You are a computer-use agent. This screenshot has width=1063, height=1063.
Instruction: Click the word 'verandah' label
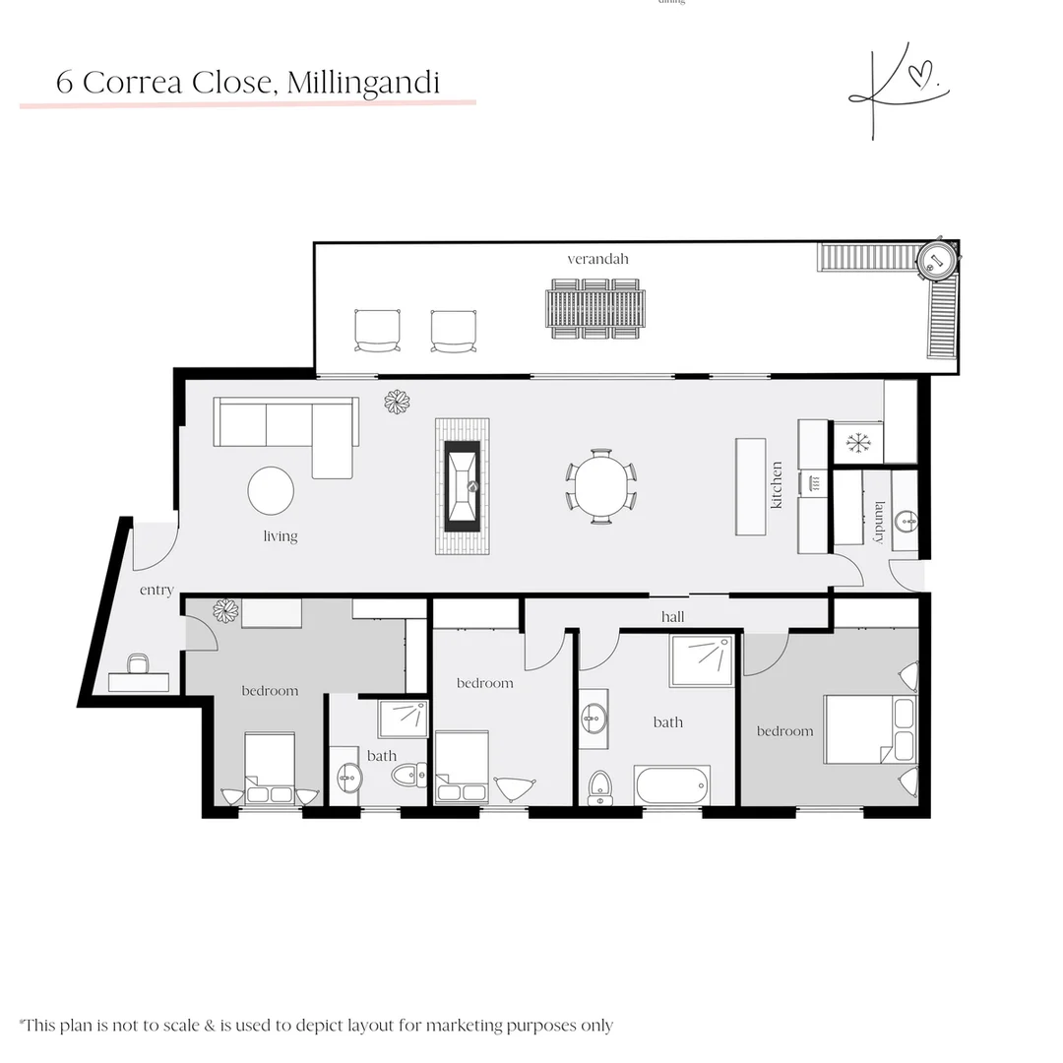pos(597,259)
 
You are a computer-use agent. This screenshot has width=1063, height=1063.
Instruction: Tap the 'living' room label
pos(281,536)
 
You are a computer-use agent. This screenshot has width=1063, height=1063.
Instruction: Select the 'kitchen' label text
pos(777,485)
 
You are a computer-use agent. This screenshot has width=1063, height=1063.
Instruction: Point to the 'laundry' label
pos(879,522)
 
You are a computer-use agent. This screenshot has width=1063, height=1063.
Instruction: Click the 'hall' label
pos(673,617)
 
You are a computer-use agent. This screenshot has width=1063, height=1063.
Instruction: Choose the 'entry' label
pos(156,591)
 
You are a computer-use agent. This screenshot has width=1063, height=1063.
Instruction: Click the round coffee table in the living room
pos(271,491)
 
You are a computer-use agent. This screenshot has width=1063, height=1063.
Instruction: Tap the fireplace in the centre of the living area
pos(463,486)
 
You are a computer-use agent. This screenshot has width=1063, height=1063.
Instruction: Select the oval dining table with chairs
pos(600,486)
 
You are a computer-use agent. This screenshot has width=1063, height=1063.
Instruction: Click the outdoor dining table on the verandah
pos(596,309)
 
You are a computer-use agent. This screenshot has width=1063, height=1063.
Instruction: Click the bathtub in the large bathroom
pos(672,785)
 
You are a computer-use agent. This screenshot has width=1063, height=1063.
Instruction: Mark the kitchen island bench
pos(751,486)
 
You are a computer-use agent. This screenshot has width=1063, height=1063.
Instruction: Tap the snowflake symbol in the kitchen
pos(858,443)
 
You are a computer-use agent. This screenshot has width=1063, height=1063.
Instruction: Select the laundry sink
pos(907,521)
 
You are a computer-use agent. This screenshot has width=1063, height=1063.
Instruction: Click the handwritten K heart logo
pos(896,90)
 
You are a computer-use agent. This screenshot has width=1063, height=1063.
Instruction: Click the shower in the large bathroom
pos(702,660)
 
